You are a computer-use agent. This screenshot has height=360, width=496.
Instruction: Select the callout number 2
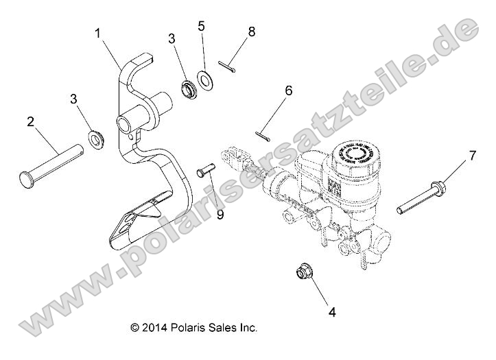[x=31, y=122]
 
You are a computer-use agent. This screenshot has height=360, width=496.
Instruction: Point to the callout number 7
[x=471, y=158]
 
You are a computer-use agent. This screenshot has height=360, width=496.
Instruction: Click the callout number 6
[x=289, y=90]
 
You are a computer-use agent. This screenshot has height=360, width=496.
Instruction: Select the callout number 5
[x=201, y=26]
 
